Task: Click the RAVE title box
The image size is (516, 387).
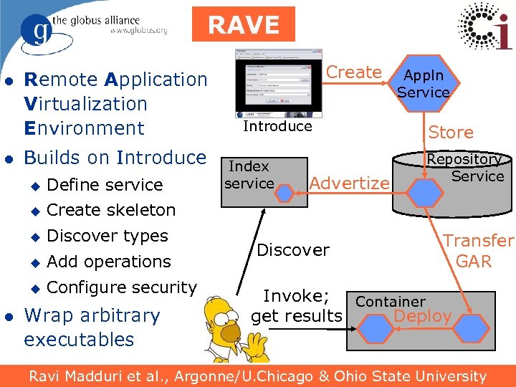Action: pos(244,24)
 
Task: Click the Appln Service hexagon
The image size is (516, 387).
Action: pos(423,84)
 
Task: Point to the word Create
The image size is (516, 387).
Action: pos(354,72)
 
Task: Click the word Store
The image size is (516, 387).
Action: pos(451,133)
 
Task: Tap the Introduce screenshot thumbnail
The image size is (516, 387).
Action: pos(279,83)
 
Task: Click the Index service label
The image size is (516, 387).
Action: pos(249,175)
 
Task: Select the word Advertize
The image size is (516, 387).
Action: pos(349,183)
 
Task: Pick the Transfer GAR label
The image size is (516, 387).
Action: pos(477,251)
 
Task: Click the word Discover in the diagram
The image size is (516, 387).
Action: pos(292,250)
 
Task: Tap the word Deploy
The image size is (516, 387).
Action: pos(423,316)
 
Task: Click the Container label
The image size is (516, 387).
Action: pos(391,302)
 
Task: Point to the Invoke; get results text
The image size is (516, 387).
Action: pos(297,306)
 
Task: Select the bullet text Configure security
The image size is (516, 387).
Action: pos(121,287)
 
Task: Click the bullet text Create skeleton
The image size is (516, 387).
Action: pos(111,210)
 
